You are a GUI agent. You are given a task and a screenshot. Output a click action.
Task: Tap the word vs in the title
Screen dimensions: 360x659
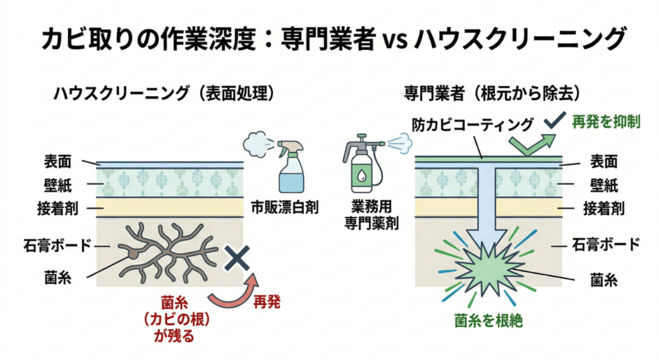(391, 40)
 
